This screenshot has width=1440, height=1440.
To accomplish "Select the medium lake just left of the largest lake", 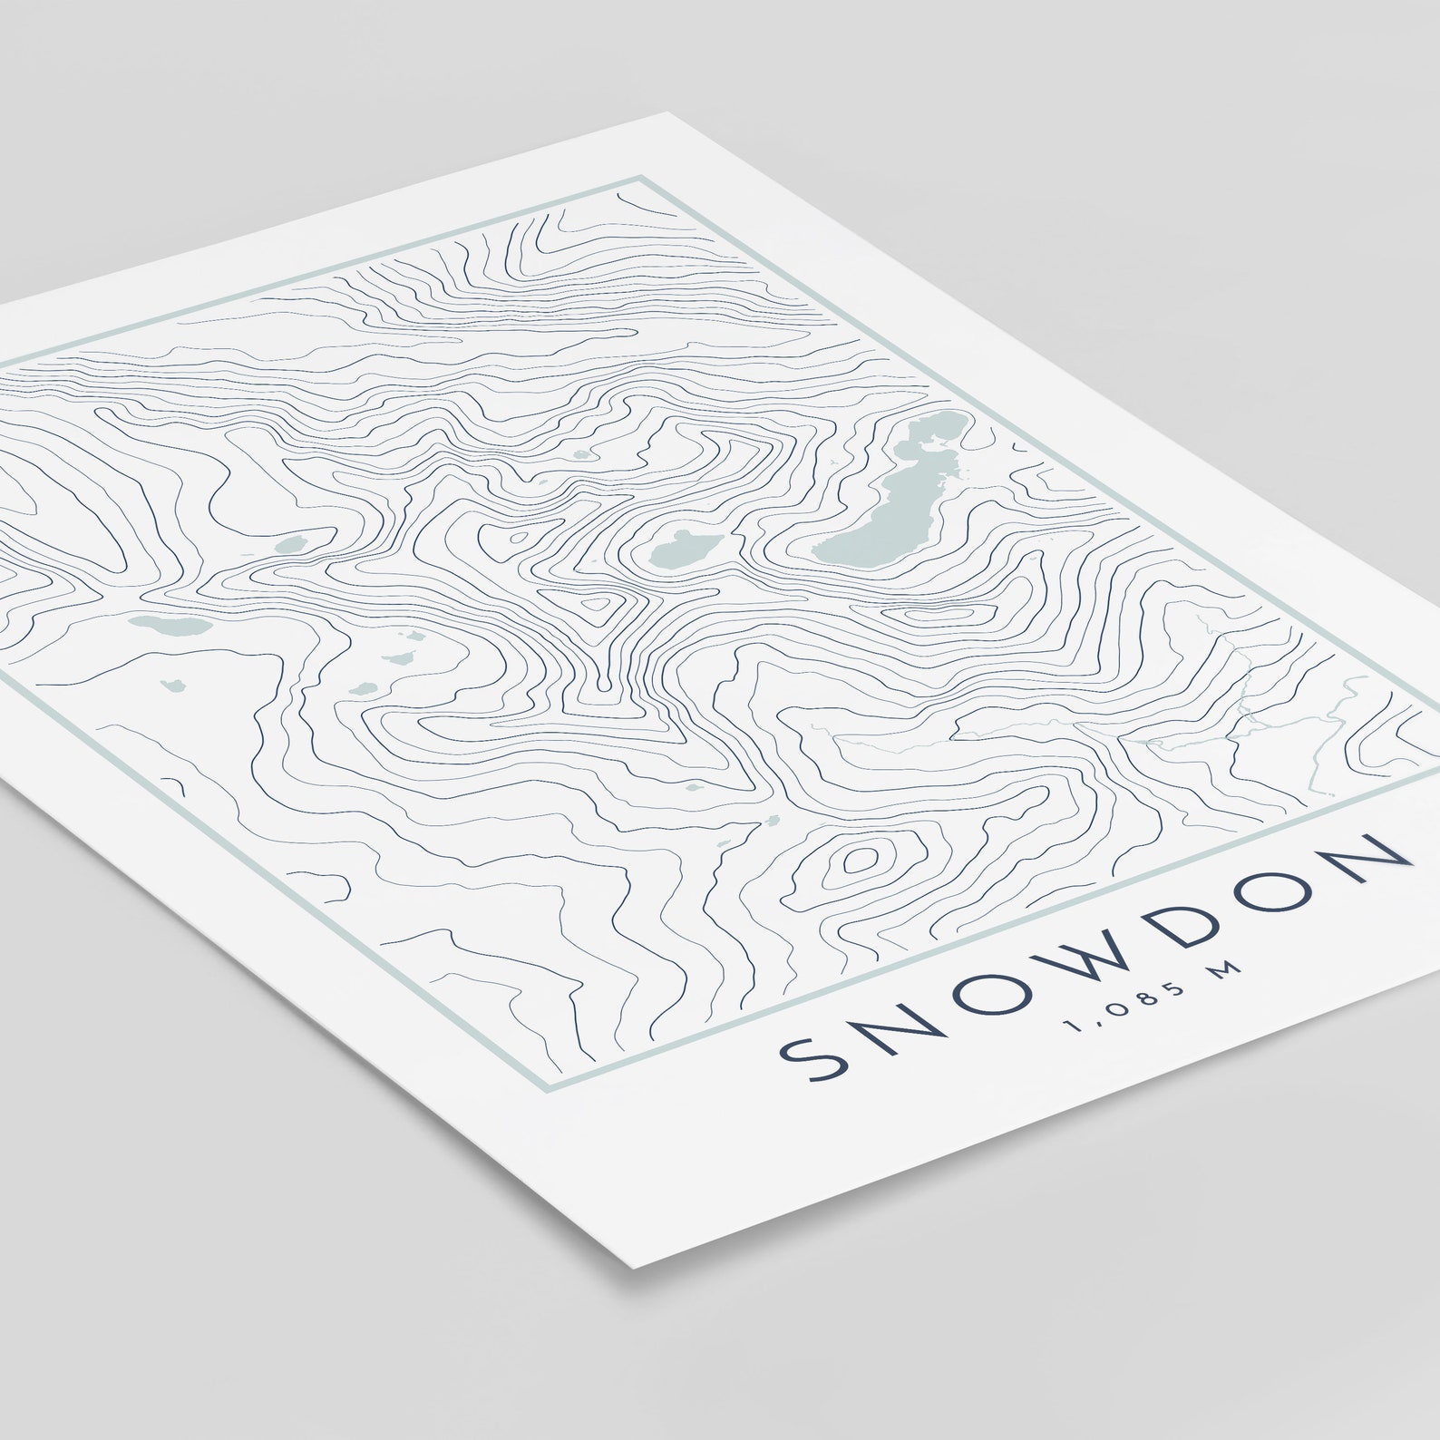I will [x=684, y=548].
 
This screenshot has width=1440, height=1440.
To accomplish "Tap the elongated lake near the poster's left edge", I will [x=169, y=625].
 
